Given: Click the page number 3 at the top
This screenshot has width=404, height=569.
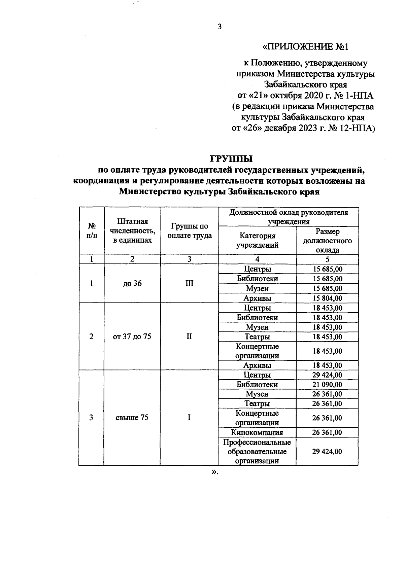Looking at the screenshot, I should tap(220, 27).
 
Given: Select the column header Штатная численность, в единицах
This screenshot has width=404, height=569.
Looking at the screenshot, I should tap(132, 231).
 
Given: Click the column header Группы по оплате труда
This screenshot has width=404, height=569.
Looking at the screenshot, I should tap(189, 231).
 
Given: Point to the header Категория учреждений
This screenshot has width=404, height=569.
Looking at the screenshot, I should tap(257, 240).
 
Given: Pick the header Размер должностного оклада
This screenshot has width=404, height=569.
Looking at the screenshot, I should tap(327, 241).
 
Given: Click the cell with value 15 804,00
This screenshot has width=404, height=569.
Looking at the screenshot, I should tap(327, 298).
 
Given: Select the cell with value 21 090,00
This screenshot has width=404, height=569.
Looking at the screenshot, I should tap(327, 385).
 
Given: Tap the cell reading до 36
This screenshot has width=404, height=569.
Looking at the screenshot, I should tap(132, 284).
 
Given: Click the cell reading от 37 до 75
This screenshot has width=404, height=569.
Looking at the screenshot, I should tap(132, 336).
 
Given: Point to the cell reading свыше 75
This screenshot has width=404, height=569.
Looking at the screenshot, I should tap(132, 418).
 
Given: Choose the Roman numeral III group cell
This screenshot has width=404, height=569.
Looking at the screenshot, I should tap(189, 284).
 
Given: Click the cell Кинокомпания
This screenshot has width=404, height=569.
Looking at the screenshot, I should tap(257, 432).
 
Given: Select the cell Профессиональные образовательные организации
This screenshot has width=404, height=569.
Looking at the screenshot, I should tap(257, 452).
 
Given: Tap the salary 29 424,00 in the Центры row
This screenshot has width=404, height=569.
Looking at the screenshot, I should tap(327, 375).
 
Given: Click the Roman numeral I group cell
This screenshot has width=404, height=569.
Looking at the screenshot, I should tap(189, 418).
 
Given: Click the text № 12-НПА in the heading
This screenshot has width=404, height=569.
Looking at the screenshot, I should tap(350, 128).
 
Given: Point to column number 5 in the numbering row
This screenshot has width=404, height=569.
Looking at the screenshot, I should tap(327, 259).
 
